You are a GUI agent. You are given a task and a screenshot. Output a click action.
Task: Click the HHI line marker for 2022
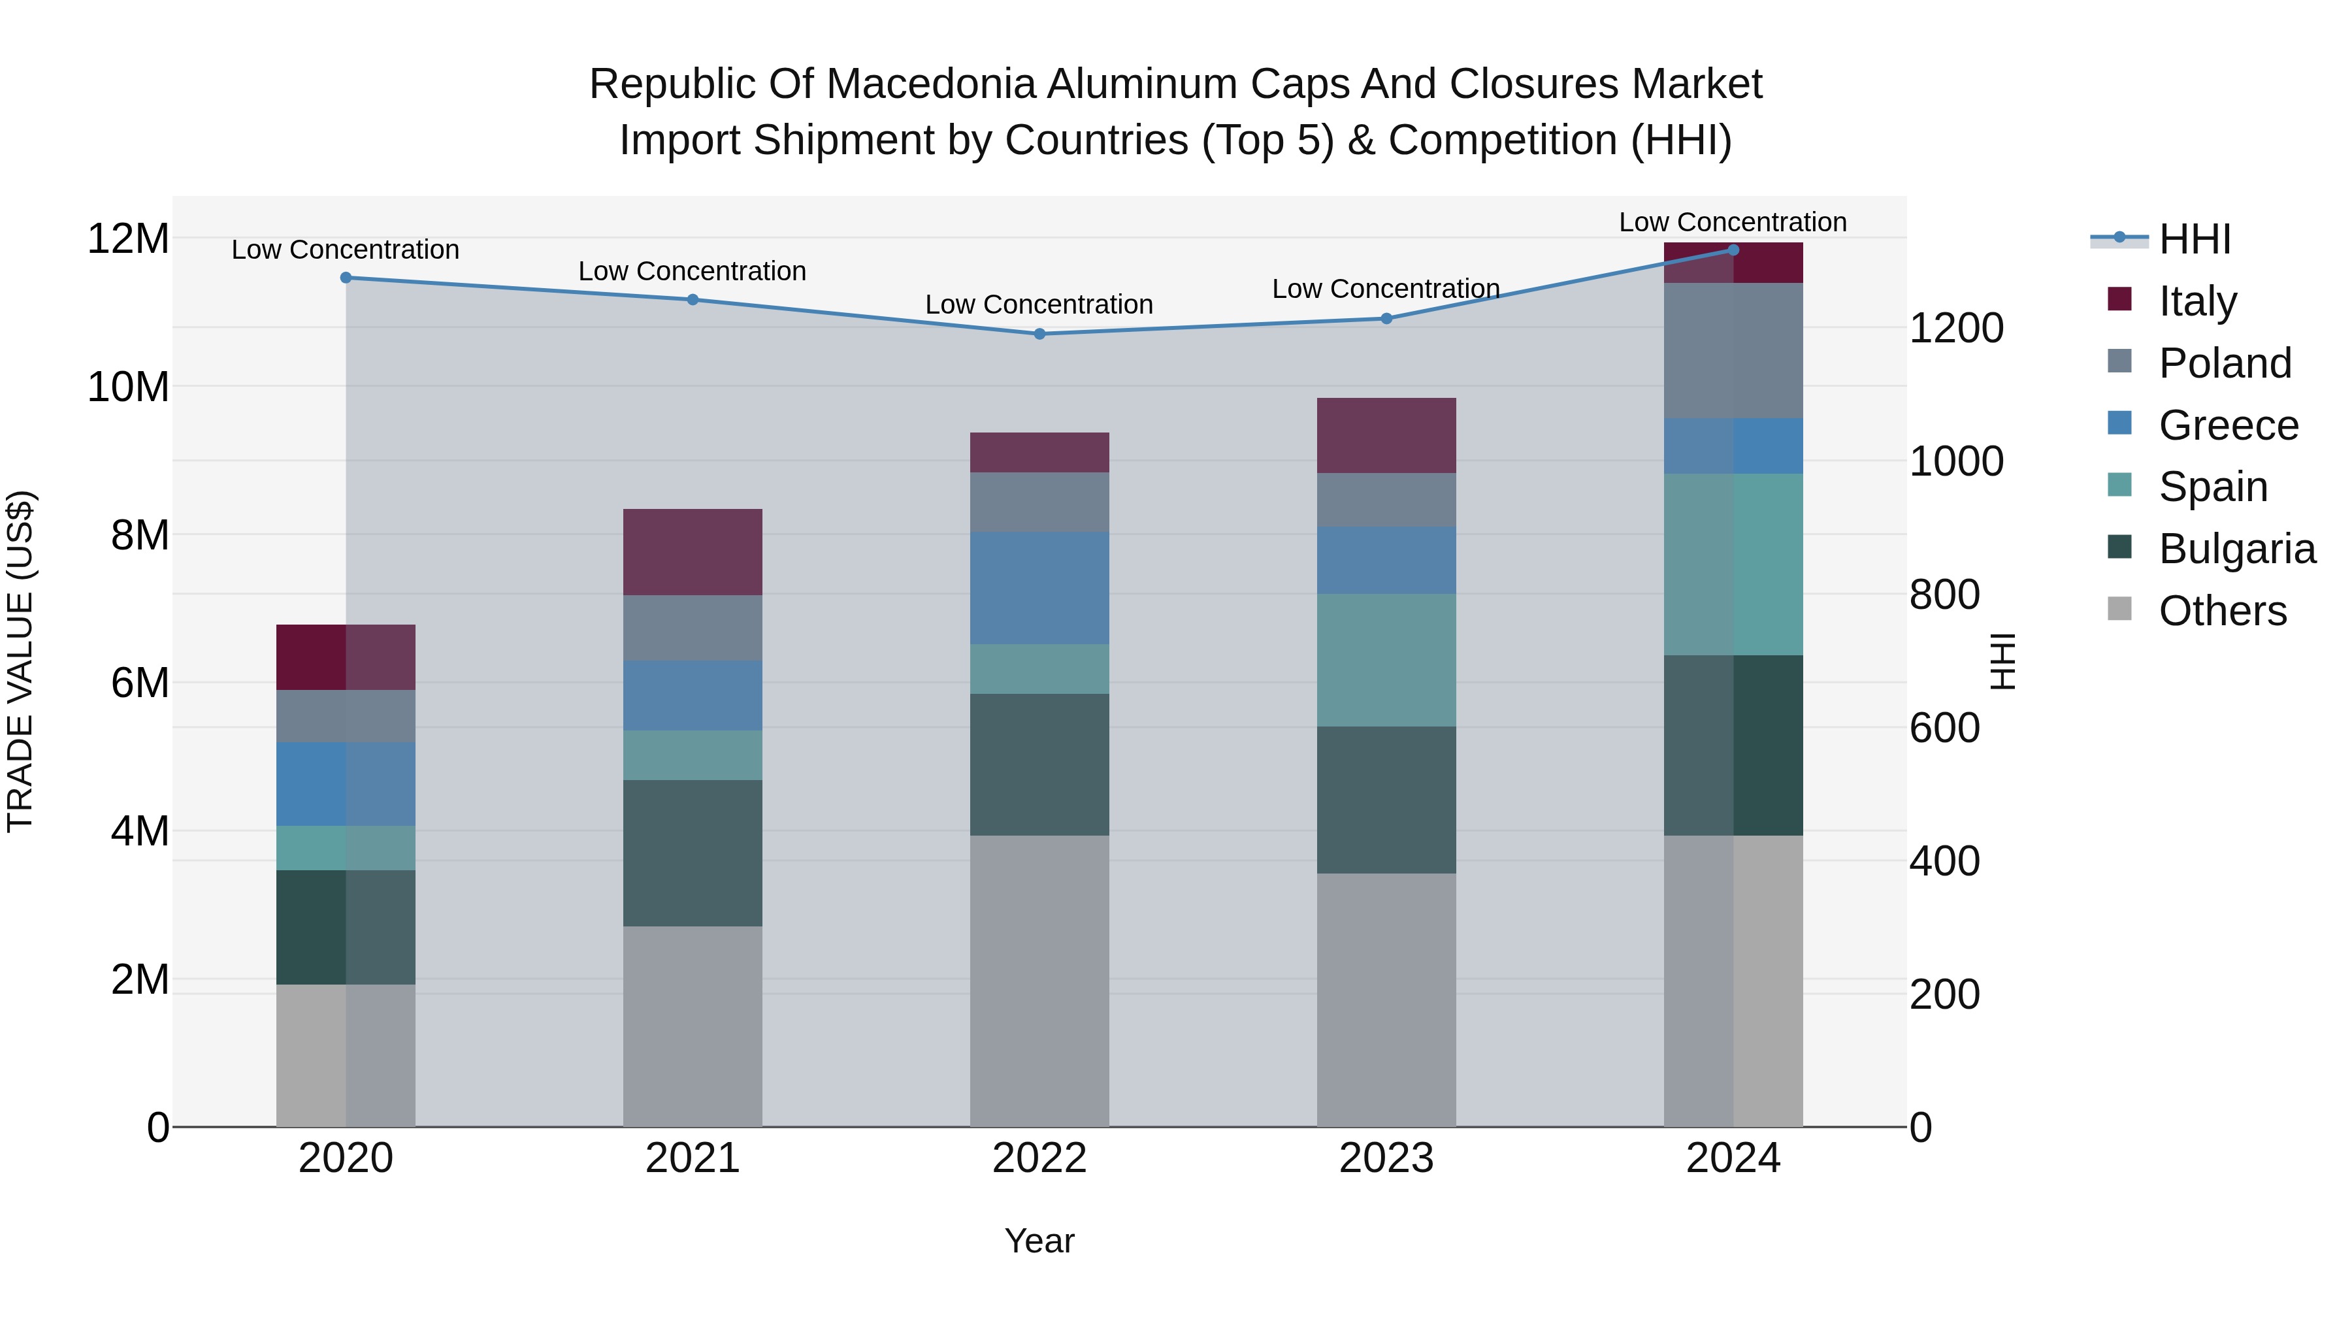pyautogui.click(x=1039, y=334)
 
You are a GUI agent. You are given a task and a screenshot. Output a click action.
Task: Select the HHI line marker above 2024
pyautogui.click(x=1733, y=250)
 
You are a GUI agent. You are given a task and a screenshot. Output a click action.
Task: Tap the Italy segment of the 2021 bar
pyautogui.click(x=692, y=552)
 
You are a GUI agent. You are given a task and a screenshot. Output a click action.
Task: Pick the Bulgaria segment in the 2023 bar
pyautogui.click(x=1386, y=800)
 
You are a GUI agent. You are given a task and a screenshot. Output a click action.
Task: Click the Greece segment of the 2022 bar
pyautogui.click(x=1039, y=588)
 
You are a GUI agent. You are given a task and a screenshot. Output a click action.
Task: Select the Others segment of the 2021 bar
pyautogui.click(x=692, y=1026)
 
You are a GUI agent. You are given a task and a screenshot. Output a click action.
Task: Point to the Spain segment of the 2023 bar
pyautogui.click(x=1386, y=660)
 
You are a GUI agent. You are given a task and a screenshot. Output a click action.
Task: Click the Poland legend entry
pyautogui.click(x=2224, y=363)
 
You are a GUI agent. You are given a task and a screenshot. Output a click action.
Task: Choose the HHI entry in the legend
pyautogui.click(x=2194, y=239)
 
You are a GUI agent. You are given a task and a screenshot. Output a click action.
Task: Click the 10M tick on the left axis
pyautogui.click(x=128, y=387)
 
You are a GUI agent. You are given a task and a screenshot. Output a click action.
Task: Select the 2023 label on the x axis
pyautogui.click(x=1386, y=1158)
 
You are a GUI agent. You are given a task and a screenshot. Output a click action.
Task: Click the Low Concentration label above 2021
pyautogui.click(x=692, y=271)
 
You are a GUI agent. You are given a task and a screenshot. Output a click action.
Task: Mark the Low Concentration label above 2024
pyautogui.click(x=1732, y=222)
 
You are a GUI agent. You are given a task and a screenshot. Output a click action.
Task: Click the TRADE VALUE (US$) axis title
pyautogui.click(x=20, y=661)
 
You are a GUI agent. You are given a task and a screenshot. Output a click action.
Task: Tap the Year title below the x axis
pyautogui.click(x=1039, y=1241)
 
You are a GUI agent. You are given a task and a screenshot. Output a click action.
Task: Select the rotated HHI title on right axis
pyautogui.click(x=2002, y=661)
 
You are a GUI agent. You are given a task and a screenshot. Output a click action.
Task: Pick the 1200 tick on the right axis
pyautogui.click(x=1955, y=329)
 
